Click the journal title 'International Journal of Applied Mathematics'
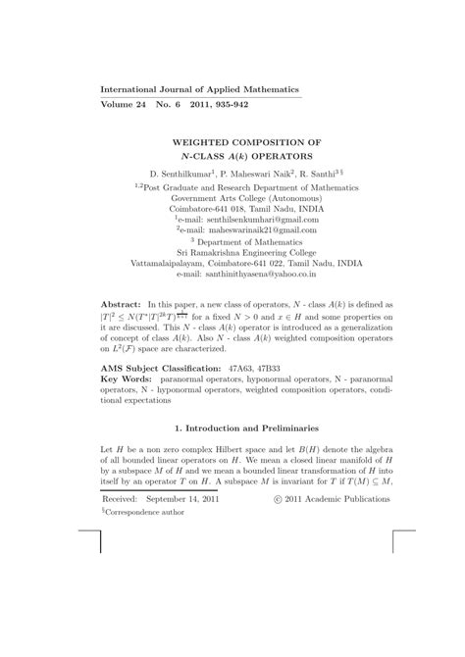click(x=200, y=89)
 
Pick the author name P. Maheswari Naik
click(x=266, y=173)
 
